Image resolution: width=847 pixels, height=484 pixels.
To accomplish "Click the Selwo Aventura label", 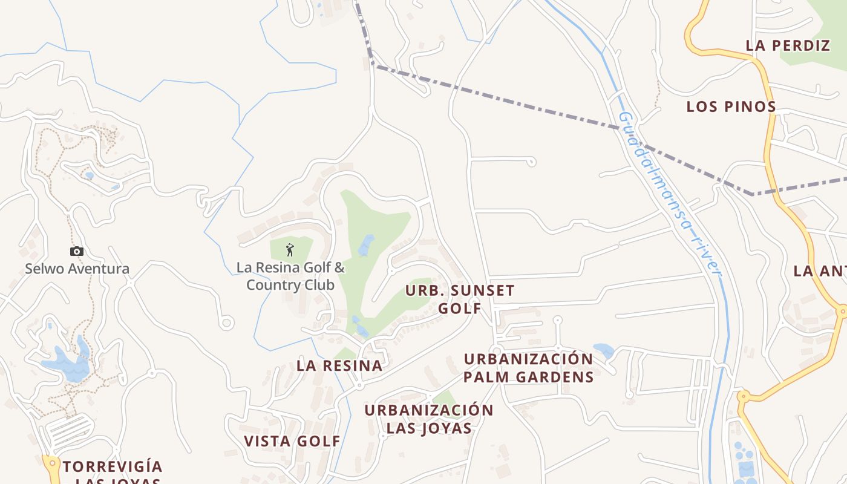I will click(x=77, y=269).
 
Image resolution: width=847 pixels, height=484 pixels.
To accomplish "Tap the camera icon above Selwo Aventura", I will click(x=76, y=251).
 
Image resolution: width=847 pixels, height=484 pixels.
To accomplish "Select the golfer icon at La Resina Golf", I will click(x=290, y=249).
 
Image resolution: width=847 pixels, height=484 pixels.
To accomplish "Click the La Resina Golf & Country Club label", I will click(x=290, y=276).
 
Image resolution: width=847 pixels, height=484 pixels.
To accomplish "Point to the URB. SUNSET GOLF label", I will click(x=460, y=299).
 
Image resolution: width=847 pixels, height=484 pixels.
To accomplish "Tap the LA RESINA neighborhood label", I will click(x=339, y=365).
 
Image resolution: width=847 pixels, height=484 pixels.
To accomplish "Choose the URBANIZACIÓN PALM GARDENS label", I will click(x=528, y=368).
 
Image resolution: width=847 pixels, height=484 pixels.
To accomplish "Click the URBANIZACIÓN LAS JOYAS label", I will click(x=429, y=419).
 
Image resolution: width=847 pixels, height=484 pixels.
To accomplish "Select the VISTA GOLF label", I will click(x=292, y=441).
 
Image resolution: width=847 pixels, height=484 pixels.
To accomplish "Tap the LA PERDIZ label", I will click(x=788, y=45).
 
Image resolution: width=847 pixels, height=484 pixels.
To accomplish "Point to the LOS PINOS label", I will click(x=731, y=107).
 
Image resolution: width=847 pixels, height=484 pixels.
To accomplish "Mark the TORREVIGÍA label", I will click(x=113, y=467).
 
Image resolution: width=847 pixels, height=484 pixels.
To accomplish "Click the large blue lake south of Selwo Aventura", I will click(x=67, y=365).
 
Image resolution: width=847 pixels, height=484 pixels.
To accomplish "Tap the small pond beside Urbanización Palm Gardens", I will click(x=603, y=350).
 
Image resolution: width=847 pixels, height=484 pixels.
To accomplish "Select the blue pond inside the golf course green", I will click(x=365, y=246).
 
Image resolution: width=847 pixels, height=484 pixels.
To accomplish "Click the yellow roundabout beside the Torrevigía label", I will click(x=51, y=464).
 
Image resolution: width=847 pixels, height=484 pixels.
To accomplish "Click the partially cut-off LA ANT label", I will click(x=820, y=271).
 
